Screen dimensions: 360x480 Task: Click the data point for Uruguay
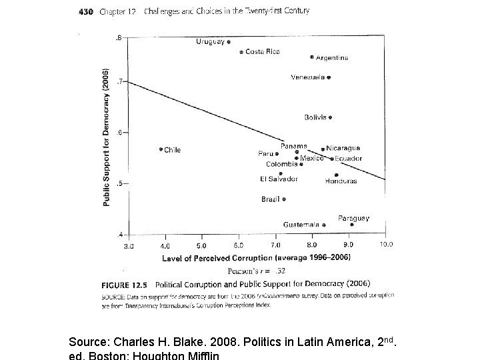point(229,41)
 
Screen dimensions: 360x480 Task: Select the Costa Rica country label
point(263,51)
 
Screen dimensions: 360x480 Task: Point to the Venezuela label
point(307,77)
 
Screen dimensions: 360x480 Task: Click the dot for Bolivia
point(330,117)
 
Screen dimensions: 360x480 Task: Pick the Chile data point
point(161,149)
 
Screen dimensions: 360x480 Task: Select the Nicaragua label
point(343,148)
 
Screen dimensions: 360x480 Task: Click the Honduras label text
point(341,181)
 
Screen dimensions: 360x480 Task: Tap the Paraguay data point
point(352,225)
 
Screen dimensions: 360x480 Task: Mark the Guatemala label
point(300,225)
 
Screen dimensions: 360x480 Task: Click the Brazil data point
point(284,199)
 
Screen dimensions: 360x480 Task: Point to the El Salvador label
point(279,179)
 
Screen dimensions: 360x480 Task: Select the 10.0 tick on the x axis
point(386,245)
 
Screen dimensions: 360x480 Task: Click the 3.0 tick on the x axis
point(129,245)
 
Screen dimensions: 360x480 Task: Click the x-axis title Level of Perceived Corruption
point(257,257)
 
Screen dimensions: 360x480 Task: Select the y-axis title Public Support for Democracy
point(106,137)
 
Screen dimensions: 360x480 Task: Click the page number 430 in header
point(85,11)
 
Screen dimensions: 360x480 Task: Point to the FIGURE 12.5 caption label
point(119,283)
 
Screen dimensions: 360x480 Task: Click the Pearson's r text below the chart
point(257,271)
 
